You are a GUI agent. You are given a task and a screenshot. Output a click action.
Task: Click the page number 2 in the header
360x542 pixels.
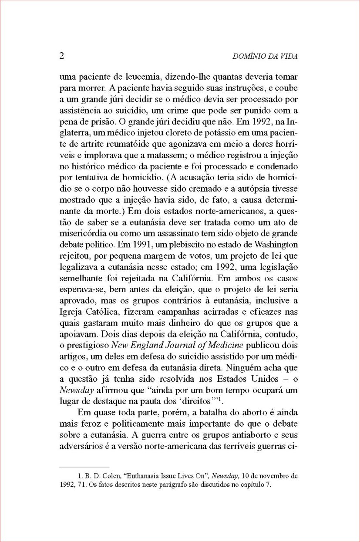61,56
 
